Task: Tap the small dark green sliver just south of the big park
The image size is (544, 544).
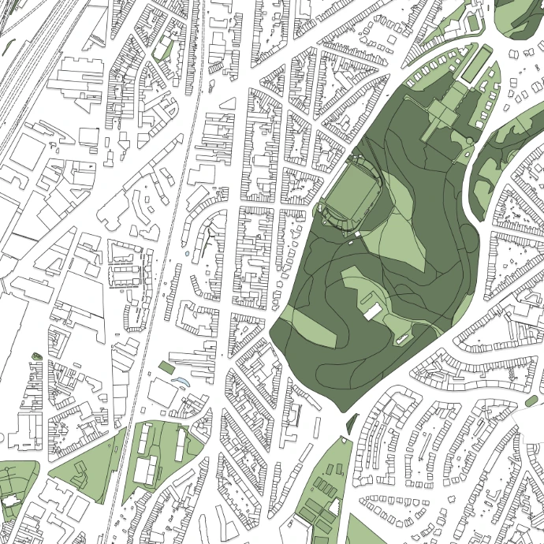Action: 348,425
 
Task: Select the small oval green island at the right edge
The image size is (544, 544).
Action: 532,403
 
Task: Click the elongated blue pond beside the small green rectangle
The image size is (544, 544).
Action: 181,382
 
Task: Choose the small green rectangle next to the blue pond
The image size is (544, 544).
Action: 166,367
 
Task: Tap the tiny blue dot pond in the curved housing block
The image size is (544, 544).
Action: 186,254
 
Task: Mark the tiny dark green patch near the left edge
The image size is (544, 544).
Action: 35,356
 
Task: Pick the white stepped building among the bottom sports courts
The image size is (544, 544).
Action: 145,471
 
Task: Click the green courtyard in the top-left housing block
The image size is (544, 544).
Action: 163,49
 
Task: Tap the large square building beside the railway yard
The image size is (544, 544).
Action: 27,154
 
